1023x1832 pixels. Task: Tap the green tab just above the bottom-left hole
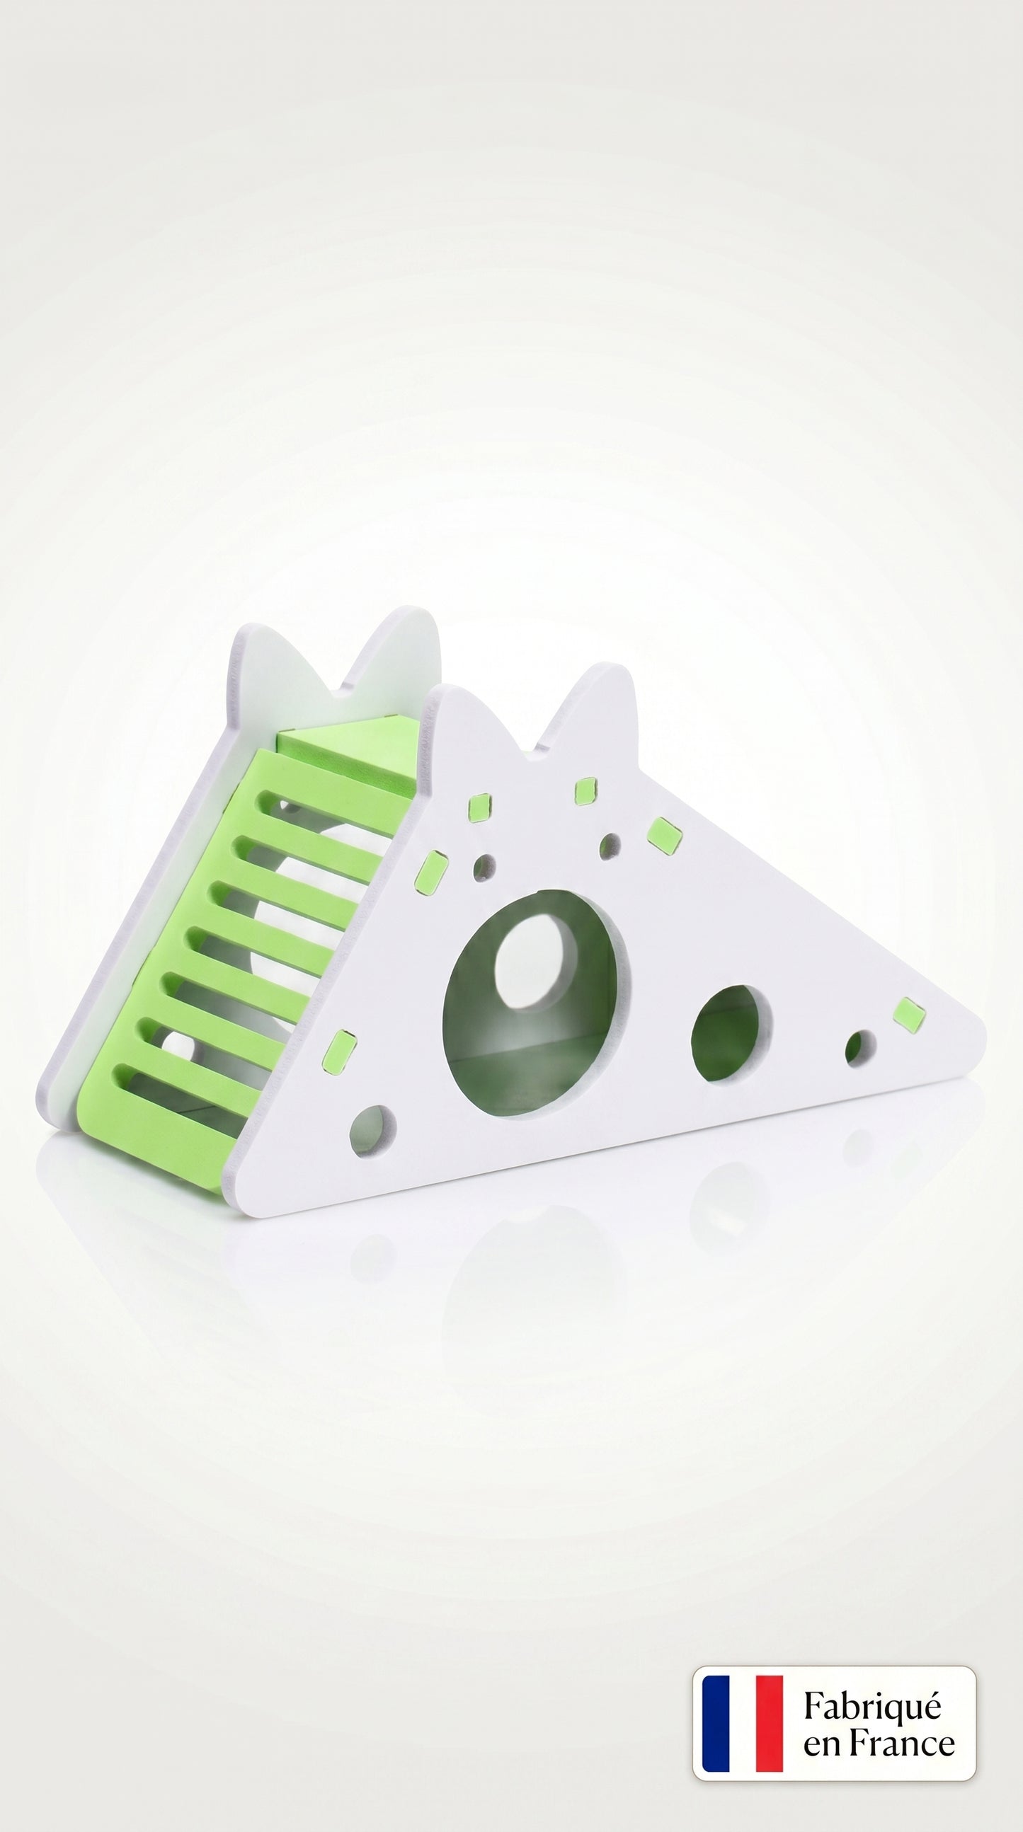tap(338, 1052)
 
